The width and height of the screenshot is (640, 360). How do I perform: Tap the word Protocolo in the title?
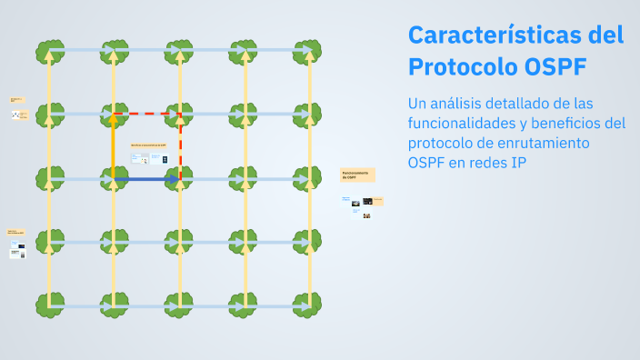coord(462,67)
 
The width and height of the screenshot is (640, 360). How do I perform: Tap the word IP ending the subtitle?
coord(518,163)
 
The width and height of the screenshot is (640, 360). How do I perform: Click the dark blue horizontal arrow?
coord(145,180)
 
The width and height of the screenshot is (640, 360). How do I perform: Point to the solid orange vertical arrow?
coord(114,145)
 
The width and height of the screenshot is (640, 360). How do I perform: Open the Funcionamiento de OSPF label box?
coord(357,175)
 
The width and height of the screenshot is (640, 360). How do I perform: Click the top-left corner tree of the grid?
coord(49,51)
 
